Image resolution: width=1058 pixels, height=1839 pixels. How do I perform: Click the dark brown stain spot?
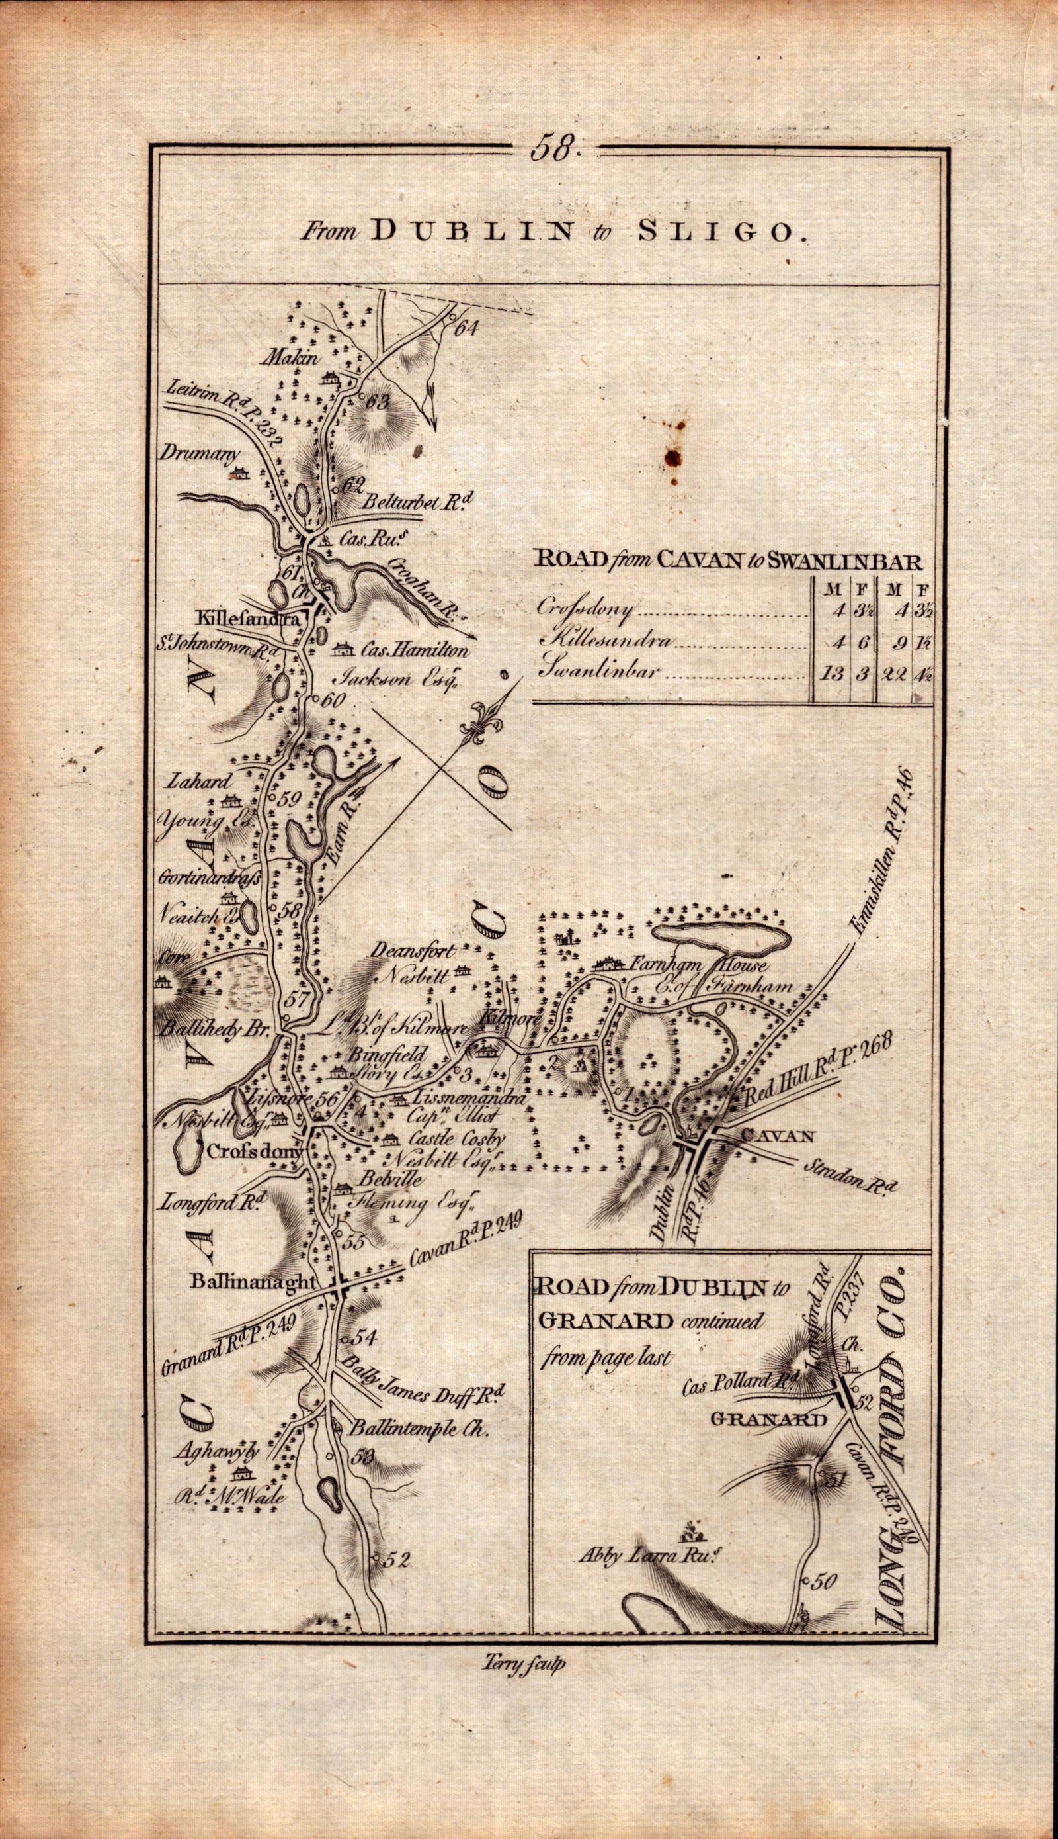(673, 456)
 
